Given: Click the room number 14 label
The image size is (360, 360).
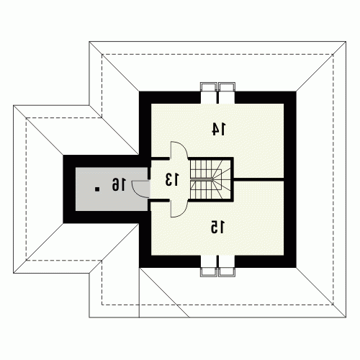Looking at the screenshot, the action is coord(219,129).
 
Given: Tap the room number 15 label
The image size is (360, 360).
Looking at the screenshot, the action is coord(217,227).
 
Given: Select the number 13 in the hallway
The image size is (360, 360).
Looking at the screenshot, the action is coord(172,179).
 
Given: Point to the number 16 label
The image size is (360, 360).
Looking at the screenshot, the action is coord(118,184).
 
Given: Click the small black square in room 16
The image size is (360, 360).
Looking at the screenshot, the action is coord(97,189).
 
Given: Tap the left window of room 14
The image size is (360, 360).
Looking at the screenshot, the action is coord(209,93).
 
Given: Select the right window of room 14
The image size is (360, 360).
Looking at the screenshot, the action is coord(227,93).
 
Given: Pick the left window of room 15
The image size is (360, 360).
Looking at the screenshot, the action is coord(209,266).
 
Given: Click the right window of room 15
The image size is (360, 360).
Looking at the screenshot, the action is coord(227,266).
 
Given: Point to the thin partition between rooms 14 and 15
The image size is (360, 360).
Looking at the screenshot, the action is coord(258,179).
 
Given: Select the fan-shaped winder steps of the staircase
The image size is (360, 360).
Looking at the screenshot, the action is coord(222,179).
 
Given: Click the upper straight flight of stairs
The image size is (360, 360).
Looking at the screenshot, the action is coord(201,169).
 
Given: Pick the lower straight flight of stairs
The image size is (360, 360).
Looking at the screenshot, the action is coord(201,189).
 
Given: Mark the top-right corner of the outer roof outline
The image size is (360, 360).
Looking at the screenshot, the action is coord(346,42).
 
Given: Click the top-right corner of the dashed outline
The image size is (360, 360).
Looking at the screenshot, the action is coord(333,55).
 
